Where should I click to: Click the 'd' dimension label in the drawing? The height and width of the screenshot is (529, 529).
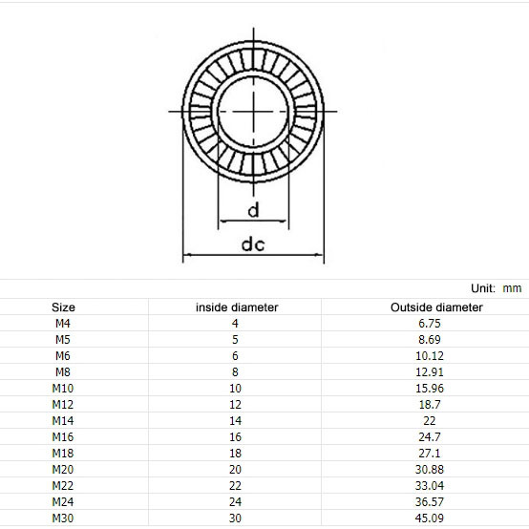[x=253, y=210]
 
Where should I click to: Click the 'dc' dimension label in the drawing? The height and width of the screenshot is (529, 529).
[x=252, y=244]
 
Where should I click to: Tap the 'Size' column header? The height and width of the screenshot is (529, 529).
[x=63, y=307]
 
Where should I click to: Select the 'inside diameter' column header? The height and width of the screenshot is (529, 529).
[x=237, y=307]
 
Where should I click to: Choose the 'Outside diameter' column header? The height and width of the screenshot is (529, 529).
[x=436, y=307]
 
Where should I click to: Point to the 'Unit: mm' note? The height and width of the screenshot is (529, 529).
[x=496, y=287]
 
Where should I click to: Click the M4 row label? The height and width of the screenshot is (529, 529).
[x=62, y=324]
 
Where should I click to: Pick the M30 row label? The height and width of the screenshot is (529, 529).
[x=62, y=518]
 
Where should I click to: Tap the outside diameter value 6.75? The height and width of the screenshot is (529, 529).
[x=431, y=324]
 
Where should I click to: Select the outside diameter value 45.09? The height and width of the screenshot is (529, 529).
[x=431, y=518]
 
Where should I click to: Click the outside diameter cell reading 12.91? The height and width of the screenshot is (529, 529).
[x=431, y=372]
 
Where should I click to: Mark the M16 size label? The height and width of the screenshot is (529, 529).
[x=62, y=437]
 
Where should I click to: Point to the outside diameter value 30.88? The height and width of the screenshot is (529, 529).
[x=431, y=470]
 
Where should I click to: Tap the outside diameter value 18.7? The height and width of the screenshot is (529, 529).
[x=431, y=405]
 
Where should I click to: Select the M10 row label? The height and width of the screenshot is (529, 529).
[x=62, y=389]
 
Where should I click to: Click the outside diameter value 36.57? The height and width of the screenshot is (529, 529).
[x=431, y=502]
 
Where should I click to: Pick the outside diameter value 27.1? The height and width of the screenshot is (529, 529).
[x=431, y=454]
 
